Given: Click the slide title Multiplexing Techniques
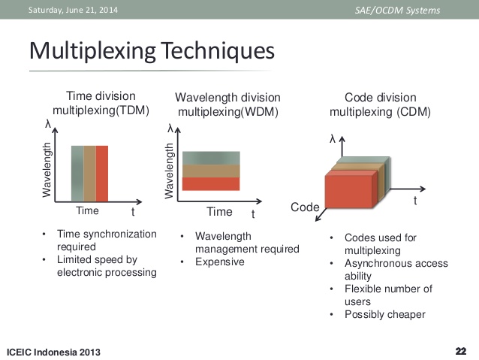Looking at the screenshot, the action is tap(152, 51).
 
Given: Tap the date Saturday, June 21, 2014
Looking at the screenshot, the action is tap(73, 10).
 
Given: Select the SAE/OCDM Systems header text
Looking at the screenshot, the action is tap(397, 11).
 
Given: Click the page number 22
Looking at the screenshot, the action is tap(461, 351).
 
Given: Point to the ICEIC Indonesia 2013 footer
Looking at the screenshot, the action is tap(53, 352).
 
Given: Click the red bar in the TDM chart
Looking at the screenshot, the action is tap(102, 174).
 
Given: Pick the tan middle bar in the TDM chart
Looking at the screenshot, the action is tap(90, 174).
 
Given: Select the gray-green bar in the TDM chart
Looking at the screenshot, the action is tap(77, 174).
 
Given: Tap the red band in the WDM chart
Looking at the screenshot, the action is tap(211, 184).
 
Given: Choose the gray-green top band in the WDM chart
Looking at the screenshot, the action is tap(211, 158).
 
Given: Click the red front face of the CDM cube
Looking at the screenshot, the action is tap(349, 192).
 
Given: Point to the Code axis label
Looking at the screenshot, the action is tap(305, 207).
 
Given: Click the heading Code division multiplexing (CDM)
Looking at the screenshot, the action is tap(381, 104).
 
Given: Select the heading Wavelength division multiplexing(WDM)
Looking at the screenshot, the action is tap(228, 104).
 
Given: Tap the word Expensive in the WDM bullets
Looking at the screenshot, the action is tap(220, 262).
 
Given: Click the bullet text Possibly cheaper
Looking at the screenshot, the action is tap(385, 314).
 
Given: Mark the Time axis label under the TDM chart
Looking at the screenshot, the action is tap(87, 210).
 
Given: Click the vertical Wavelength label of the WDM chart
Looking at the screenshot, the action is tap(169, 171).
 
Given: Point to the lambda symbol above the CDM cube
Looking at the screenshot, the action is tap(333, 139).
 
